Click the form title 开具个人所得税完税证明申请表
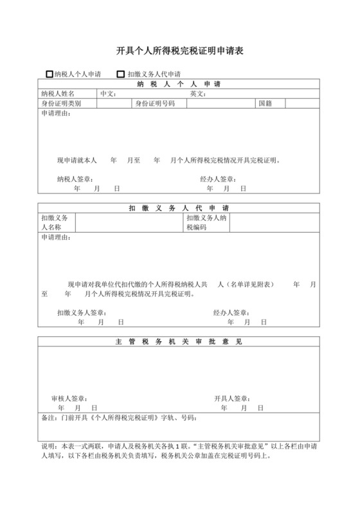click(179, 50)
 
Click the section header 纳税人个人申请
click(179, 84)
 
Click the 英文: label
click(197, 94)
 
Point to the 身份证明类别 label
click(61, 103)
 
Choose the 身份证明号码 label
click(155, 103)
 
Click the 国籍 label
click(266, 103)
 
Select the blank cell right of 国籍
click(302, 103)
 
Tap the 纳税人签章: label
click(75, 179)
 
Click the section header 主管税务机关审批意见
click(179, 341)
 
